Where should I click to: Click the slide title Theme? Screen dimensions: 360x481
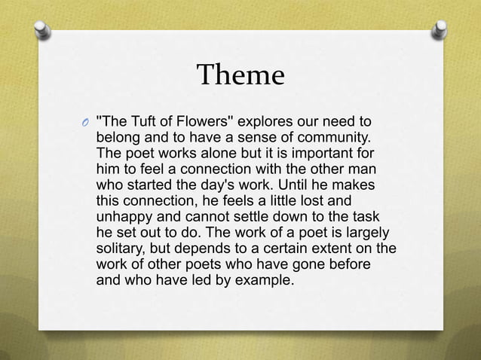tap(240, 76)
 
